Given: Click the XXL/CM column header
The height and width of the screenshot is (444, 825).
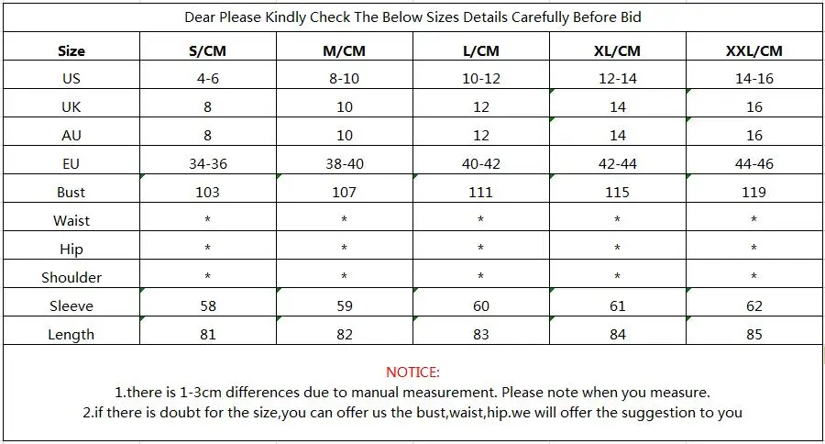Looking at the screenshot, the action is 754,51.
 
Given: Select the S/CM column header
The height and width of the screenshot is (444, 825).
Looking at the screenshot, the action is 207,51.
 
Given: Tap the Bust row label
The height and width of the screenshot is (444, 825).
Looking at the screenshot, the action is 71,193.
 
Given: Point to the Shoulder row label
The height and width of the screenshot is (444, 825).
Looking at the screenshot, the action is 71,278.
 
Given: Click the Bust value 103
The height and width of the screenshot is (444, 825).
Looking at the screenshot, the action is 207,193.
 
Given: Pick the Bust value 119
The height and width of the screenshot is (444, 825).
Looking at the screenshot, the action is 754,193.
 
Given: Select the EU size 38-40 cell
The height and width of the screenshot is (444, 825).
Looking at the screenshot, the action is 344,164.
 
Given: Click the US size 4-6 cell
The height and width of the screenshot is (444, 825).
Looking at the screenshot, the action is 207,79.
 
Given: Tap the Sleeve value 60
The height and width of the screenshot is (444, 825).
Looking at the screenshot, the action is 481,306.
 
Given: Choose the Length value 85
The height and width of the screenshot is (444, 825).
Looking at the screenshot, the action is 754,335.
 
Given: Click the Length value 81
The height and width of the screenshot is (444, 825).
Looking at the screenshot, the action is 207,335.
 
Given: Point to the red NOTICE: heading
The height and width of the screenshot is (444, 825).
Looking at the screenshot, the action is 412,372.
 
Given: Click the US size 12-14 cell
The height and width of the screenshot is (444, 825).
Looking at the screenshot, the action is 617,79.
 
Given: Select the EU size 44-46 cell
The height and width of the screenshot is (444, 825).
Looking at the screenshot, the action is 754,164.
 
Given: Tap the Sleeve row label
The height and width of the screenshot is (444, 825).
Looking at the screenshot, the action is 71,306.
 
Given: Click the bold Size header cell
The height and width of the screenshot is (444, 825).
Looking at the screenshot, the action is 71,51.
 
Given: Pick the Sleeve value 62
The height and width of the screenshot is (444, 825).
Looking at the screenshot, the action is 754,306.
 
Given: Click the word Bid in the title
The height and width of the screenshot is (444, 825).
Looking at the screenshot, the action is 631,17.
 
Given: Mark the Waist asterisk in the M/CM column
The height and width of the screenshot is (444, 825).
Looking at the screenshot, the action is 344,219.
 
